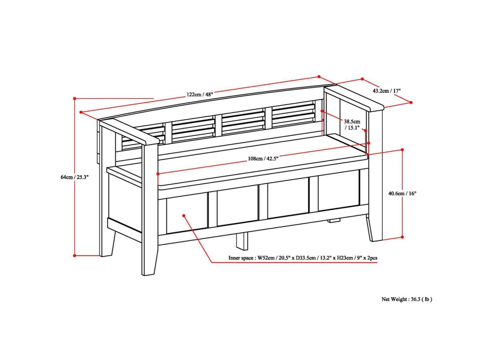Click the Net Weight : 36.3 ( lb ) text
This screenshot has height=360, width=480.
point(406,299)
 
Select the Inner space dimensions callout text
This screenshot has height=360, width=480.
point(303,258)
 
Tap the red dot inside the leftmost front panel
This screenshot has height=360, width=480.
point(184,216)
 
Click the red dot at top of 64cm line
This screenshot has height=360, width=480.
point(75,98)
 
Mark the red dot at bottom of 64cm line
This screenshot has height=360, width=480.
point(75,255)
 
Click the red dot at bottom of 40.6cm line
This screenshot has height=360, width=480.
point(402,237)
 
